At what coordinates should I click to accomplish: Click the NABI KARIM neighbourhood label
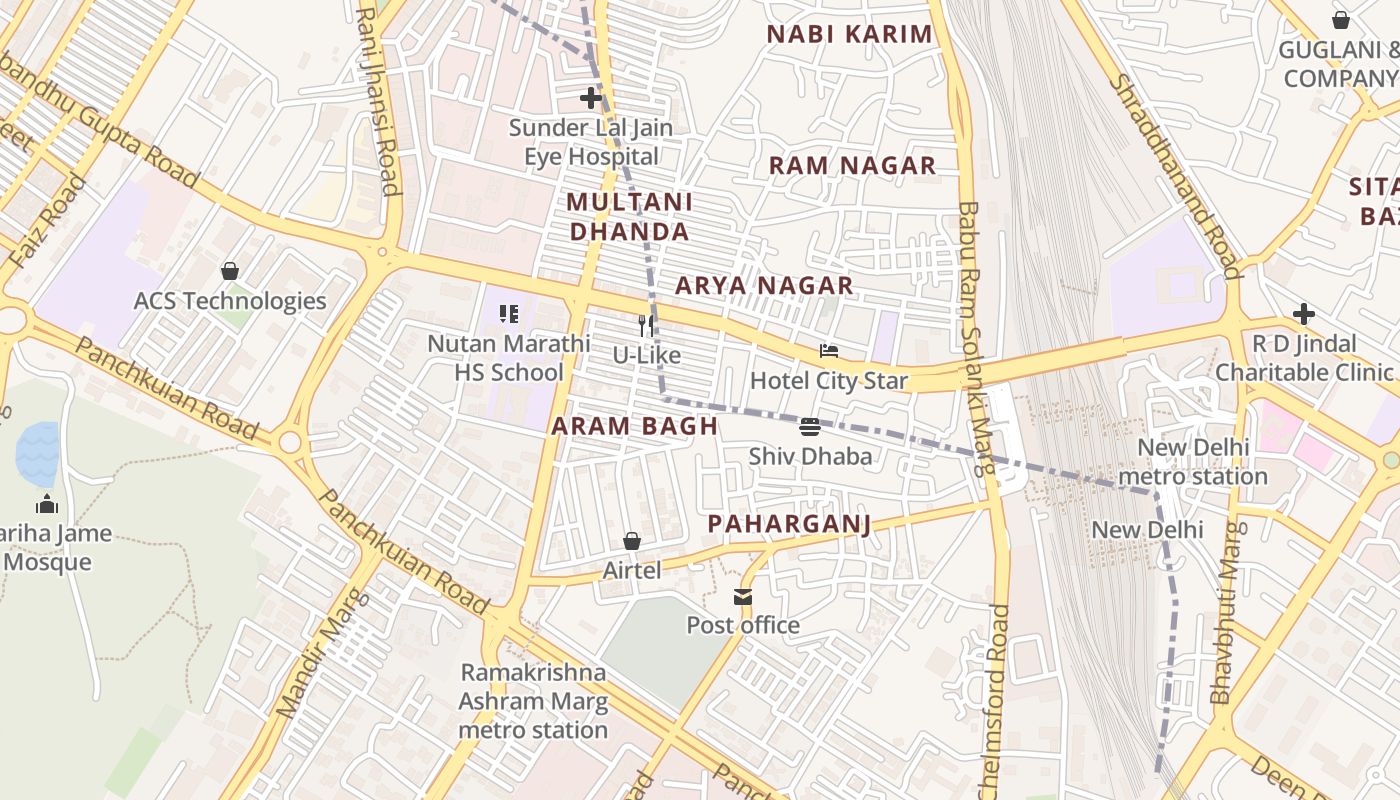pyautogui.click(x=849, y=34)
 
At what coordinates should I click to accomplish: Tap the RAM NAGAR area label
pyautogui.click(x=852, y=165)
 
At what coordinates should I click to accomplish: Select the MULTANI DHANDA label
pyautogui.click(x=628, y=217)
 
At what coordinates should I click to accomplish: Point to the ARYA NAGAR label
pyautogui.click(x=764, y=286)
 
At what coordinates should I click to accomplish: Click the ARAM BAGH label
pyautogui.click(x=634, y=426)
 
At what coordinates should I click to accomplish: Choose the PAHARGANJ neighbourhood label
pyautogui.click(x=789, y=524)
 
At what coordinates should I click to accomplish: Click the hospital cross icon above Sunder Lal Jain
pyautogui.click(x=591, y=98)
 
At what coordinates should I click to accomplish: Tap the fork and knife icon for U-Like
pyautogui.click(x=646, y=325)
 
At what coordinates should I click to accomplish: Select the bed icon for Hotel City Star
pyautogui.click(x=828, y=351)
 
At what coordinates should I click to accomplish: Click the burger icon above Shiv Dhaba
pyautogui.click(x=810, y=427)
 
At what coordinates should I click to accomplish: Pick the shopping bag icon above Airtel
pyautogui.click(x=632, y=541)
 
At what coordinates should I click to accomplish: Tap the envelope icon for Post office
pyautogui.click(x=742, y=597)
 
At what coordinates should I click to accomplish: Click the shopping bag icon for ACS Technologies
pyautogui.click(x=230, y=271)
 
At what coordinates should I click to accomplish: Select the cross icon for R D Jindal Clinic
pyautogui.click(x=1303, y=314)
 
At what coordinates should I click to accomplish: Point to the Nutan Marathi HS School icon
pyautogui.click(x=509, y=314)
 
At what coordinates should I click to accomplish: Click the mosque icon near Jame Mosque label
pyautogui.click(x=46, y=504)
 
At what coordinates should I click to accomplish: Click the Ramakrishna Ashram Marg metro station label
pyautogui.click(x=532, y=701)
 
